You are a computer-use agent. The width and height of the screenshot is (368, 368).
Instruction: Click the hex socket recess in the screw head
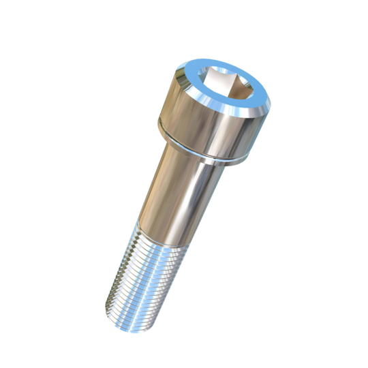pos(226,85)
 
